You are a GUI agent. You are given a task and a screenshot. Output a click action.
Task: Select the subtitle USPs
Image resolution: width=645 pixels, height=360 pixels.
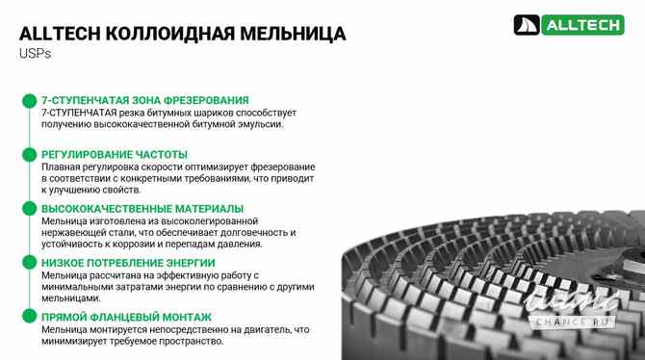tap(34, 55)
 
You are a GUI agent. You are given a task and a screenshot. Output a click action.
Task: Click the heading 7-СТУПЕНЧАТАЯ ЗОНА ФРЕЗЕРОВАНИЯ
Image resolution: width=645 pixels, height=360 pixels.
tap(145, 100)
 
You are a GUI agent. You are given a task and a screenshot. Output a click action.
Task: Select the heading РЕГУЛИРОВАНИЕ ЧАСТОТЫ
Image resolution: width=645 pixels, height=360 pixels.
tap(115, 154)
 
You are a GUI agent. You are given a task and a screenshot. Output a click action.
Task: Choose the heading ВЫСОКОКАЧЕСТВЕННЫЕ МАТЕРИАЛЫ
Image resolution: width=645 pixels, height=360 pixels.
tap(142, 208)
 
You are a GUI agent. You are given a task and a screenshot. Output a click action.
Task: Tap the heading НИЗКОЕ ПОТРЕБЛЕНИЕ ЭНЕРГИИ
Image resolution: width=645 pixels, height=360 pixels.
tap(128, 263)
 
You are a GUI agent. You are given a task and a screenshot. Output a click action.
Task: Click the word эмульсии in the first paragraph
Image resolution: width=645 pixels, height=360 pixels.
tap(257, 124)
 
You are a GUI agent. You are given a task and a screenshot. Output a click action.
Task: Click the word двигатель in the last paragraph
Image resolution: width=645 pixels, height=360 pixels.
tap(265, 329)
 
